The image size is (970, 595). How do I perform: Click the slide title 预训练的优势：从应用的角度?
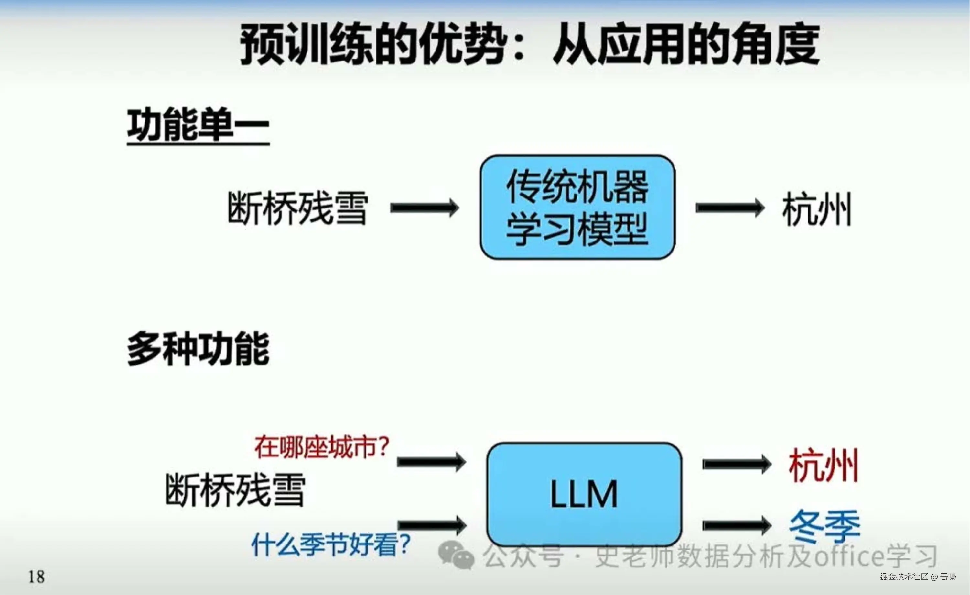530,44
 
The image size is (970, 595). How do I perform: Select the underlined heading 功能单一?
198,125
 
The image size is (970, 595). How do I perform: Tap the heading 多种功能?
198,349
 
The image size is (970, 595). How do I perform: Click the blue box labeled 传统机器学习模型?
577,207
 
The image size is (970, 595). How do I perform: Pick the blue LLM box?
584,494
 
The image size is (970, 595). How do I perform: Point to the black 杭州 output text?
817,209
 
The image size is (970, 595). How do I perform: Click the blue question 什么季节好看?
331,544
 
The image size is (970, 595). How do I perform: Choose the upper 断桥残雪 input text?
298,208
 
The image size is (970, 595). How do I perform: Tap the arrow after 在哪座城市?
431,462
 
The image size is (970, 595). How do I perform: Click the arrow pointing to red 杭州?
737,464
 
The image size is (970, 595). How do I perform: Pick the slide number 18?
36,577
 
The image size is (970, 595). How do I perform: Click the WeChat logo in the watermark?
456,555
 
